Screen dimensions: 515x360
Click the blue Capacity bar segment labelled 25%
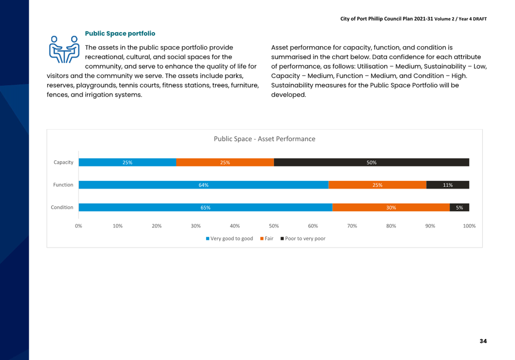127,162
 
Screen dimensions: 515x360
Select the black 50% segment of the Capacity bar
372,162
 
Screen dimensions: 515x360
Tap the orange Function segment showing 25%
377,185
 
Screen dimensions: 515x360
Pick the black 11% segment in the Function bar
448,185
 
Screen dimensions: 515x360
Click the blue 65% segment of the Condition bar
206,207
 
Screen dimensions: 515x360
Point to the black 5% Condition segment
459,207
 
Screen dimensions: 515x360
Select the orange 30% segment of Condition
391,207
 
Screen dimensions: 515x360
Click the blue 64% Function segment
203,185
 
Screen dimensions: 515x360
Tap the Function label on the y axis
63,185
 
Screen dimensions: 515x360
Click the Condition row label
62,207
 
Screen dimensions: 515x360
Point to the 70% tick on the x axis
352,226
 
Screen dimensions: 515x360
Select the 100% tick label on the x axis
469,226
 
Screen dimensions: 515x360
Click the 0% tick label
78,226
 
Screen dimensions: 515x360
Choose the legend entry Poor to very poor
303,239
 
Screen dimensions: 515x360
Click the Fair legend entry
267,239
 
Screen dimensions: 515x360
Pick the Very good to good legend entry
229,239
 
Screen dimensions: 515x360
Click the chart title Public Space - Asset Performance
265,139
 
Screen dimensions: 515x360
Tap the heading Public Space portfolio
120,34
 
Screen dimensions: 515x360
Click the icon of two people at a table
64,49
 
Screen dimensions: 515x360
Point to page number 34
483,341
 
